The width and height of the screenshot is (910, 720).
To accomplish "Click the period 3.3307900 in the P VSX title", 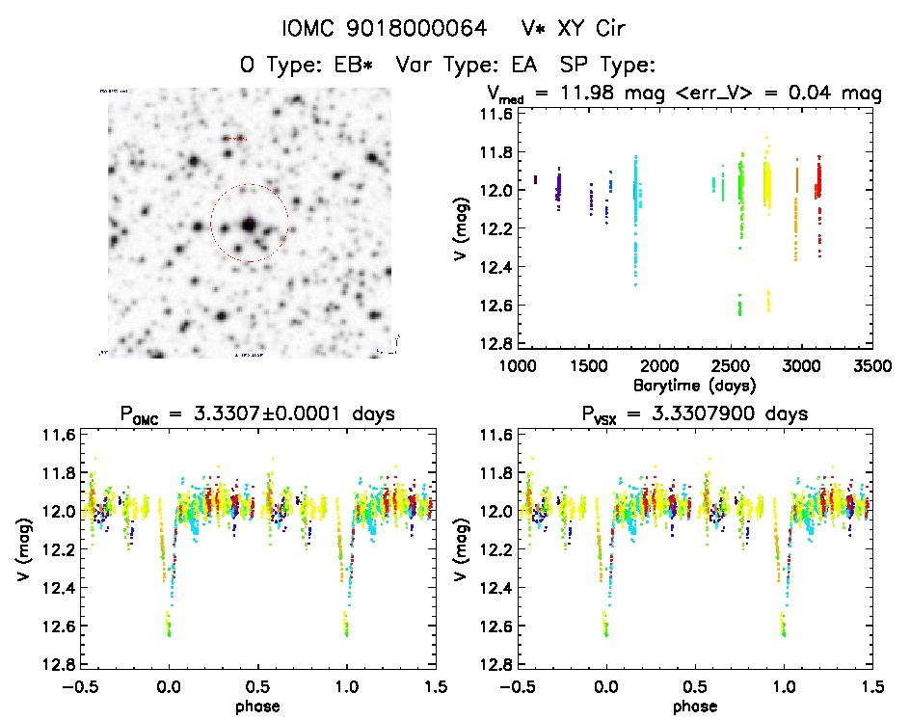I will [x=741, y=413].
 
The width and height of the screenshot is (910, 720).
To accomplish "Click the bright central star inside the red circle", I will [x=249, y=224].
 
